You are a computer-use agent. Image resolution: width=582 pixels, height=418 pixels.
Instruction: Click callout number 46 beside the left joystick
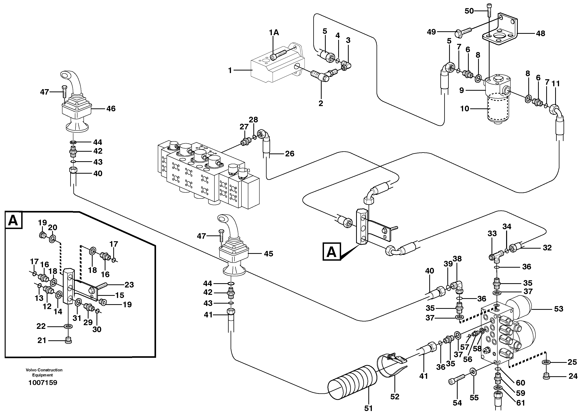pyautogui.click(x=111, y=109)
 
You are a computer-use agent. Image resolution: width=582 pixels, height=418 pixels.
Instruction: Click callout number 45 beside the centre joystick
pyautogui.click(x=268, y=254)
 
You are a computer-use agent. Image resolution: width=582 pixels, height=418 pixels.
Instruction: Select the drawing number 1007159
pyautogui.click(x=43, y=383)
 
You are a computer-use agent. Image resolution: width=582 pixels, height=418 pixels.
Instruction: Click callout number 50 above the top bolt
pyautogui.click(x=469, y=11)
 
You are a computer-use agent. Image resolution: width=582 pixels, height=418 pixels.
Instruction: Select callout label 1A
pyautogui.click(x=274, y=32)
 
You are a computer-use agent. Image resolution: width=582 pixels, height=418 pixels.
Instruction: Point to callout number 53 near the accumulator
pyautogui.click(x=558, y=309)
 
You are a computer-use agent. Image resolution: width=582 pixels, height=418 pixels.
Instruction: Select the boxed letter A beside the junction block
pyautogui.click(x=332, y=252)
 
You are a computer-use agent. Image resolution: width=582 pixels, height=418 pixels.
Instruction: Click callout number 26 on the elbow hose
pyautogui.click(x=290, y=154)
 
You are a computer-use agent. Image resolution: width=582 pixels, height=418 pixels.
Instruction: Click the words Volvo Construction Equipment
pyautogui.click(x=44, y=372)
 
